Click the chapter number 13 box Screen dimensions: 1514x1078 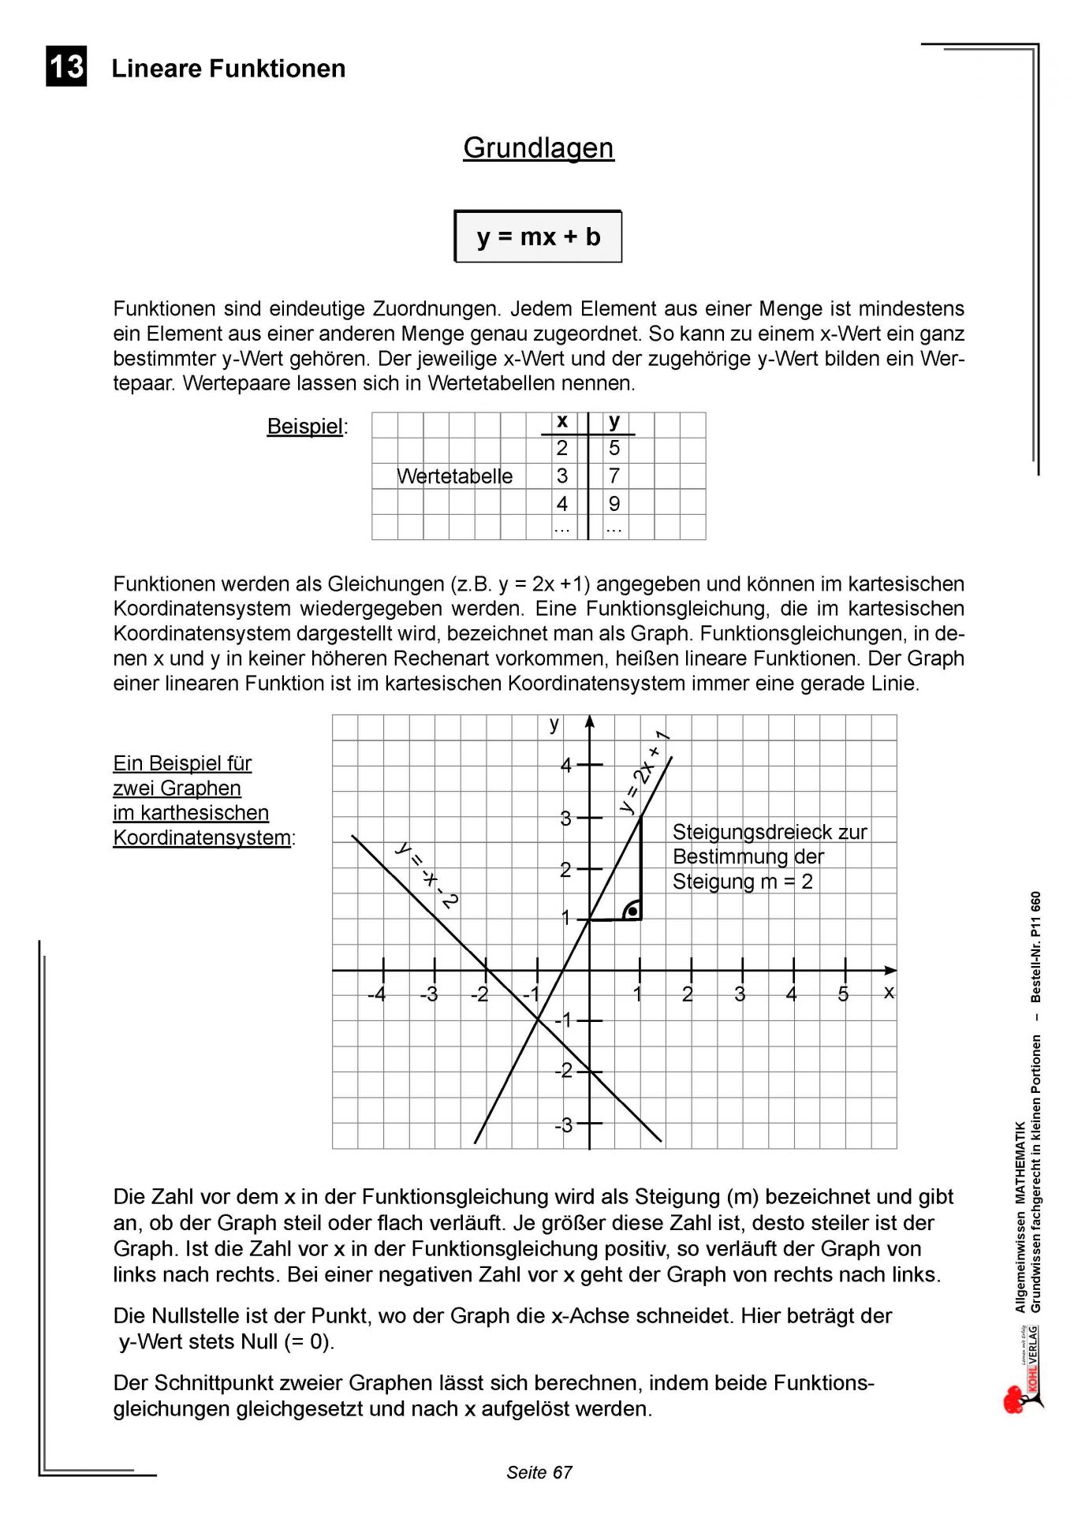tap(66, 66)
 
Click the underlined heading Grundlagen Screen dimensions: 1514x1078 tap(538, 147)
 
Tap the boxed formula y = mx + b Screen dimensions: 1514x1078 tap(538, 237)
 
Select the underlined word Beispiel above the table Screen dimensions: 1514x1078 tap(305, 427)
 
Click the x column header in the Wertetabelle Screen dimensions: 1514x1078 tap(561, 422)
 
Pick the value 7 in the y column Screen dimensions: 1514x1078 tap(614, 475)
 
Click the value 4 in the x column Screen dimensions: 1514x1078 tap(561, 503)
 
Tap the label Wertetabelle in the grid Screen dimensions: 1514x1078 tap(454, 476)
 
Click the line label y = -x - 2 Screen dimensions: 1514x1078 tap(427, 875)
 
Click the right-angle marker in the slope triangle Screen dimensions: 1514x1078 tap(632, 911)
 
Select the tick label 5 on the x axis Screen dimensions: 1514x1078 tap(843, 994)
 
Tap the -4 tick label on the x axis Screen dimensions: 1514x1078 tap(377, 994)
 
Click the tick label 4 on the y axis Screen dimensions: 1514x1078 tap(565, 765)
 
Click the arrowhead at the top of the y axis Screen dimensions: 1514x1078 tap(589, 721)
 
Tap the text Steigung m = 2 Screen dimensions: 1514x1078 tap(742, 882)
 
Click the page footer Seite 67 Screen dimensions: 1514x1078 tap(539, 1472)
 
